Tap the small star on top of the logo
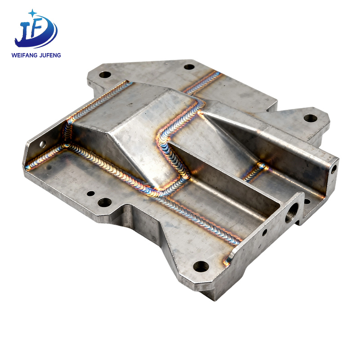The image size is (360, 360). tap(32, 13)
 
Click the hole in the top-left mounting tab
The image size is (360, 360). tap(105, 74)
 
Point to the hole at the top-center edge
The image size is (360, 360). tap(189, 67)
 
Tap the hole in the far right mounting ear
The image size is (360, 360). tap(310, 118)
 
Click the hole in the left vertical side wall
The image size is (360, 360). tap(43, 144)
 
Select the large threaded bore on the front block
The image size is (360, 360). tap(292, 212)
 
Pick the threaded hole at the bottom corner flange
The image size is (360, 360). tap(201, 266)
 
